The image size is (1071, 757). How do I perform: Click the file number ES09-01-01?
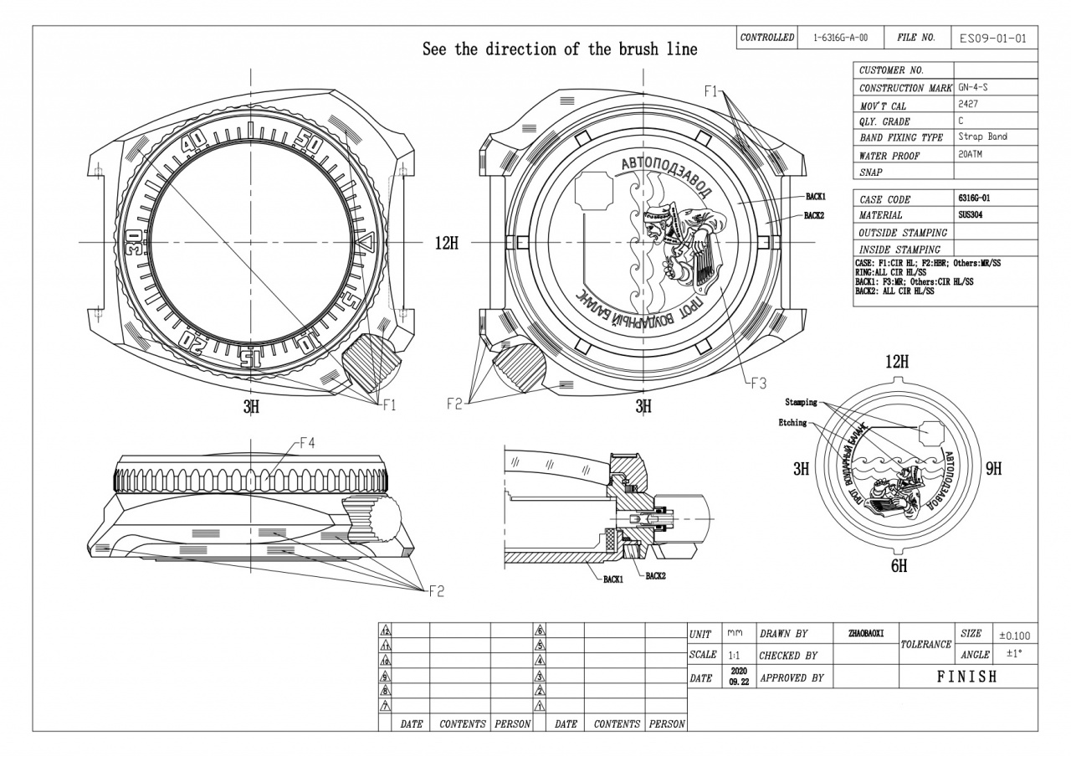coord(993,39)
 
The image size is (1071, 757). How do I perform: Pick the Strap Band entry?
coord(982,137)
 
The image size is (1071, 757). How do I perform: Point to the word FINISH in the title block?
coord(967,677)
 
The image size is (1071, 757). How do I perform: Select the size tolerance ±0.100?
coord(1015,636)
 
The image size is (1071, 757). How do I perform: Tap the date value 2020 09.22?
coord(738,677)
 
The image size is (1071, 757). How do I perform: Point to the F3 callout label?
coord(757,384)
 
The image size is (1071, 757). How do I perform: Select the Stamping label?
coord(801,403)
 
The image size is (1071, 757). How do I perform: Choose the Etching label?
coord(792,423)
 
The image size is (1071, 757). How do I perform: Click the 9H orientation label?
coord(993,469)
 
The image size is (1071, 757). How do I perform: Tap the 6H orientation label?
coord(898,566)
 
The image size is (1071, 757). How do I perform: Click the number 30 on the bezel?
coord(135,241)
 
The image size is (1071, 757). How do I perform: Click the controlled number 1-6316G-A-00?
coord(840,39)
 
